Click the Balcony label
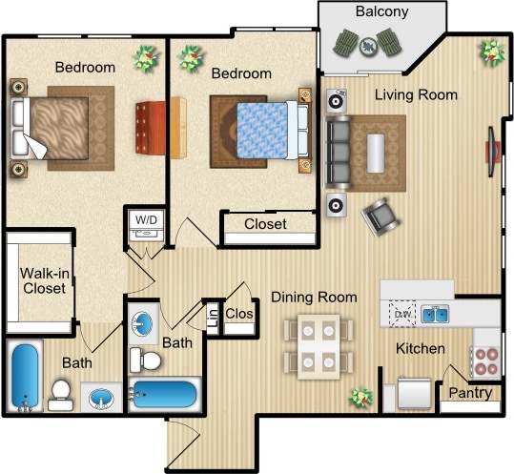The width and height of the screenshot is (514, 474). click(381, 12)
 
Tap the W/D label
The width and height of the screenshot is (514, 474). click(146, 220)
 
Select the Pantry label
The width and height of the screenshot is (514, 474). click(470, 393)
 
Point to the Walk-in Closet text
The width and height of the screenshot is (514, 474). click(43, 279)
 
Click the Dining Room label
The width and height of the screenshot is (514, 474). click(314, 298)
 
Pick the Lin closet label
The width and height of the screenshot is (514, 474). click(212, 318)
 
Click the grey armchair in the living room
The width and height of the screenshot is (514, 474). click(381, 216)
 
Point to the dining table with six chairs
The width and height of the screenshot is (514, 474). click(314, 345)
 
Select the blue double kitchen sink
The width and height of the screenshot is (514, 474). click(436, 313)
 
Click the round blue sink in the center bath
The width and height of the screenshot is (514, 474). click(143, 322)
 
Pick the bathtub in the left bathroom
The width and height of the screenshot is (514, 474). click(25, 375)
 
